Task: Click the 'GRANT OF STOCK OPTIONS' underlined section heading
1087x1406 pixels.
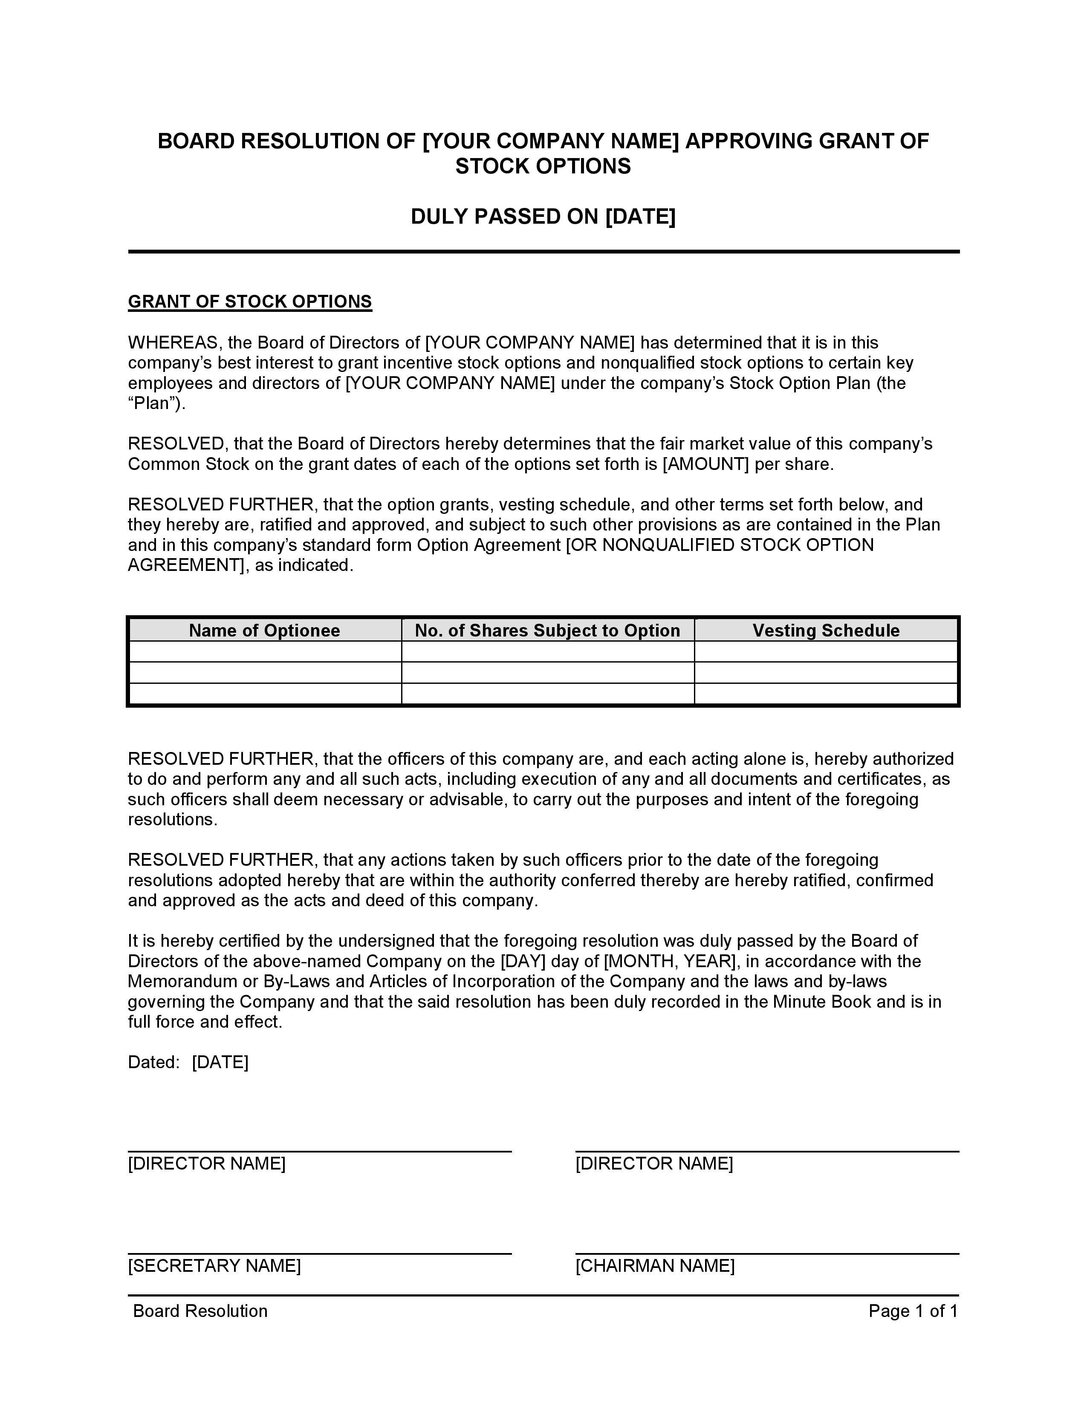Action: (x=250, y=302)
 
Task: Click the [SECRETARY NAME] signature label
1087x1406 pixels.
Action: (x=214, y=1266)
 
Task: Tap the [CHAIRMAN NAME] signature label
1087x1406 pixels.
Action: (x=655, y=1266)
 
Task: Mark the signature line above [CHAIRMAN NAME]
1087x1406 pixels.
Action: (x=767, y=1254)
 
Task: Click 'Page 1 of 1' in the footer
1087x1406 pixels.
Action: (x=913, y=1311)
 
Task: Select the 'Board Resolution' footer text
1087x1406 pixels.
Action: (x=200, y=1311)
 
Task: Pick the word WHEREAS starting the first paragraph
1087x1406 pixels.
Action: (x=174, y=343)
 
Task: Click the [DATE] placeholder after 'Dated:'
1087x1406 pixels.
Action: (x=220, y=1062)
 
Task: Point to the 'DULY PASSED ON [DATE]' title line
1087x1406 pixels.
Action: (x=543, y=217)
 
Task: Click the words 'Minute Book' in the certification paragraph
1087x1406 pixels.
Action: (x=822, y=1002)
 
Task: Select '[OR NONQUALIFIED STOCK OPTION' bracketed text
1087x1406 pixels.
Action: (x=719, y=545)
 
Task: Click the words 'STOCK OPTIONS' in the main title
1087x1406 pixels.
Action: (x=543, y=167)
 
